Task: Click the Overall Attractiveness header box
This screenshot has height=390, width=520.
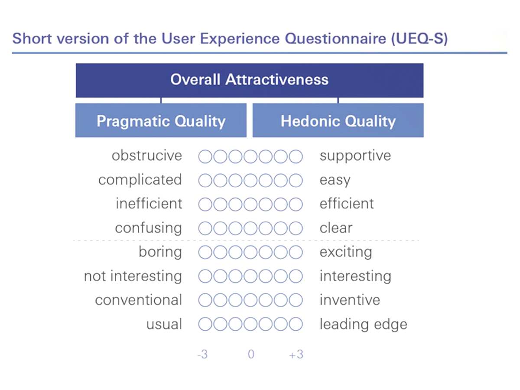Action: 250,80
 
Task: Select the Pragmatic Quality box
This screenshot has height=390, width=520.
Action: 161,120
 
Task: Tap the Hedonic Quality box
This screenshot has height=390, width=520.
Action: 338,120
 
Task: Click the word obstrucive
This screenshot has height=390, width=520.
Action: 147,156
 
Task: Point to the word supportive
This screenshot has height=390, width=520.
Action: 355,156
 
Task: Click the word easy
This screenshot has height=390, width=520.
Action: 335,181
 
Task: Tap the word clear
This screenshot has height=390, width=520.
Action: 336,228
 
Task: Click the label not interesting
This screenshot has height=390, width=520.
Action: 133,276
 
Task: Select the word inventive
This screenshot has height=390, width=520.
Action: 350,300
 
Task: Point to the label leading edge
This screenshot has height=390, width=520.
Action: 364,325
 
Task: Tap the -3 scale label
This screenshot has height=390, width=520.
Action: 202,354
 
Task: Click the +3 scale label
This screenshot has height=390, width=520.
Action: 296,354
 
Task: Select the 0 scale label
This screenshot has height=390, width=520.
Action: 251,354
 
